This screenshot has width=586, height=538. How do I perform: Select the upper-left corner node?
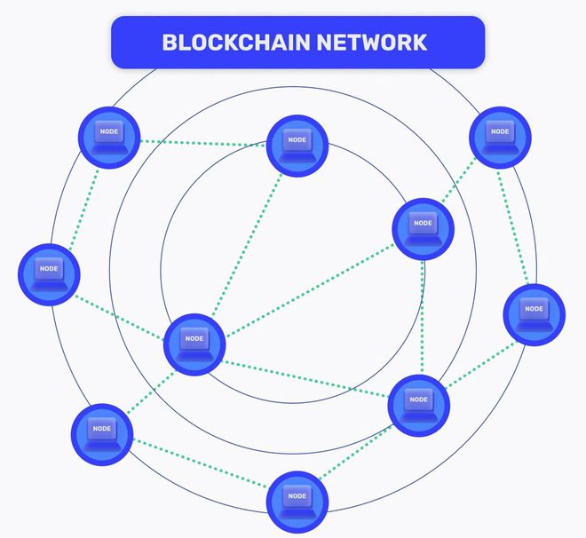109,136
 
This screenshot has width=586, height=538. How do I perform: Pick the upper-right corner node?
500,137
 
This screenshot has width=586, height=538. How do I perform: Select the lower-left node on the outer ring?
101,433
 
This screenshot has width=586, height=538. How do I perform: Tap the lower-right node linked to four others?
419,405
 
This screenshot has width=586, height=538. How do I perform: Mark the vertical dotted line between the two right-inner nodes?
422,316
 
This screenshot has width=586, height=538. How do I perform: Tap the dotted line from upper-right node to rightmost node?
517,225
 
